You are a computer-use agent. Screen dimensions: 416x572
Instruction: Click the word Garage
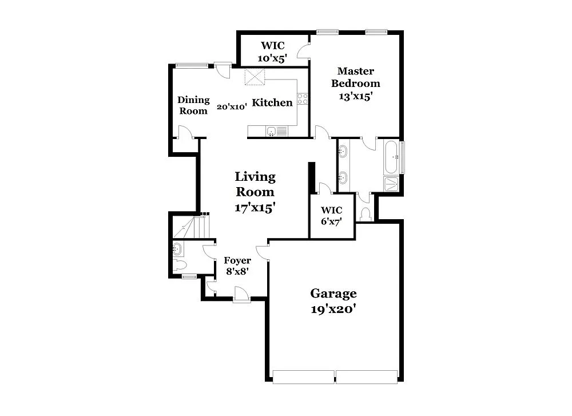[333, 294]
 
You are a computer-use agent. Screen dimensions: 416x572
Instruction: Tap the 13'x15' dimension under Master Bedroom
[355, 96]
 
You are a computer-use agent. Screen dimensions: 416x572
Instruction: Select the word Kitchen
[272, 103]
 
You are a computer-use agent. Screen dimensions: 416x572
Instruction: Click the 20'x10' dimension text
[231, 106]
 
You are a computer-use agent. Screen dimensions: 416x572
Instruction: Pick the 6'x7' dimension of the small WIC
[332, 222]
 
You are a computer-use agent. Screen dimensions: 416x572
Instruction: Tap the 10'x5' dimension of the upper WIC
[272, 57]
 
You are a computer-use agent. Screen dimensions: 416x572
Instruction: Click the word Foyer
[237, 261]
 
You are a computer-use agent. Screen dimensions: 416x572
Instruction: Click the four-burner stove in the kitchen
[303, 98]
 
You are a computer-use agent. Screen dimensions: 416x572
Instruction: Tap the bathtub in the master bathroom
[392, 156]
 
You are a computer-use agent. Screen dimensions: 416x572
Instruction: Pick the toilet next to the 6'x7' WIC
[366, 213]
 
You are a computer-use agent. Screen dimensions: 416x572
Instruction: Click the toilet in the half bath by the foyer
[180, 264]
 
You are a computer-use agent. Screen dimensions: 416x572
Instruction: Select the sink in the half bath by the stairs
[177, 249]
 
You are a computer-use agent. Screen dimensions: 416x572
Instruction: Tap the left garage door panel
[303, 377]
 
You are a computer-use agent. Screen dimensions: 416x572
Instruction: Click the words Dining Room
[193, 105]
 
